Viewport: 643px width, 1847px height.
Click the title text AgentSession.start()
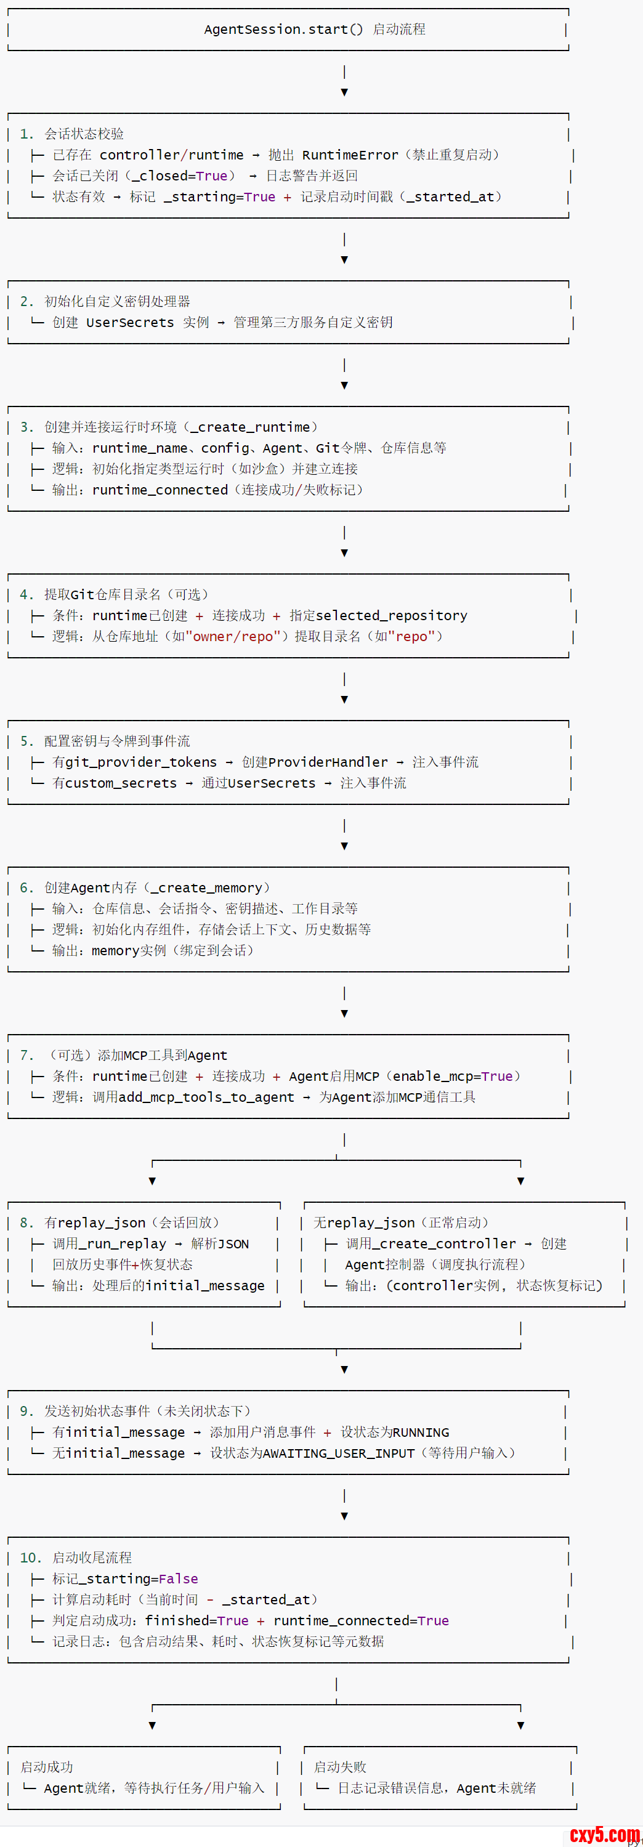[x=283, y=30]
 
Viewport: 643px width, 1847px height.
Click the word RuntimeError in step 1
[x=350, y=155]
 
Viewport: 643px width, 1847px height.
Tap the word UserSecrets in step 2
[x=130, y=322]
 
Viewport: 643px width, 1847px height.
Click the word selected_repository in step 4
[x=391, y=615]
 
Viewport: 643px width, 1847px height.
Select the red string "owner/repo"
[x=232, y=636]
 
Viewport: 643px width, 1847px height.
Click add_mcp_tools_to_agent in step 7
[x=206, y=1097]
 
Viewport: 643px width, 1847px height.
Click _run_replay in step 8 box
[x=126, y=1243]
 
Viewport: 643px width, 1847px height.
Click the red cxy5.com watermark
[x=604, y=1835]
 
